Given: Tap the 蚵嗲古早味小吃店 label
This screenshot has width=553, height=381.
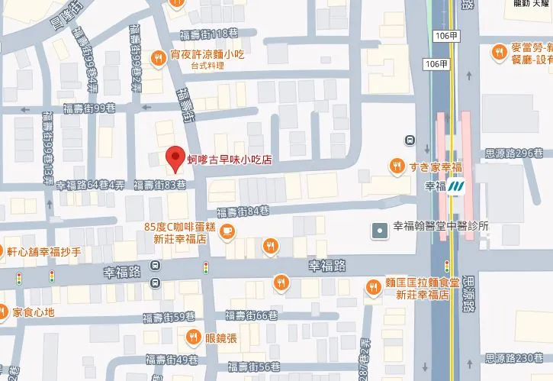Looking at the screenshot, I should [x=230, y=160].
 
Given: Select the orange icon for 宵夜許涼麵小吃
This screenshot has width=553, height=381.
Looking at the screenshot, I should [x=159, y=56].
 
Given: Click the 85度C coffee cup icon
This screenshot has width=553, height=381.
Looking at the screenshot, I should [x=227, y=232].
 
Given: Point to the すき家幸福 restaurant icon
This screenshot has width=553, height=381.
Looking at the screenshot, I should [x=397, y=165].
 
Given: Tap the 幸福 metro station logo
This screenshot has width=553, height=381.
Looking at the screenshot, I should [x=457, y=186].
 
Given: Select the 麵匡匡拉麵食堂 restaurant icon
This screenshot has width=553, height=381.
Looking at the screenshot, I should [x=373, y=287].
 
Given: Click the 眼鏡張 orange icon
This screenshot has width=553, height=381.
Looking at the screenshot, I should [x=194, y=336].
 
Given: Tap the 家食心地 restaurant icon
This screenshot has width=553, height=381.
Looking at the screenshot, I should [x=5, y=312].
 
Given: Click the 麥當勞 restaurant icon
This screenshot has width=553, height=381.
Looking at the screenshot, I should [x=498, y=52].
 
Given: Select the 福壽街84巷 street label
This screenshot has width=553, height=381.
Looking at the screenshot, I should [x=243, y=211].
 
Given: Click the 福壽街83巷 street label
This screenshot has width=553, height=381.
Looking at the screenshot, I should [x=159, y=185].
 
